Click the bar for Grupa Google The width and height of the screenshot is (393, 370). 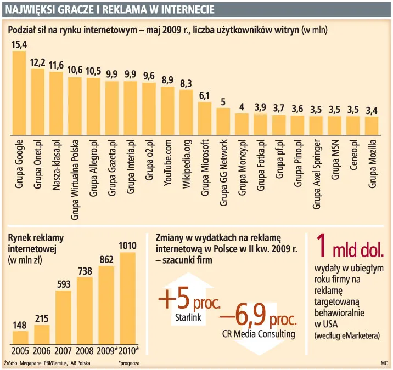coord(19,93)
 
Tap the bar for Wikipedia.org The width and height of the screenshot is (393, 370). coord(186,112)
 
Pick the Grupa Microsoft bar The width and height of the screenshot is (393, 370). coord(205,118)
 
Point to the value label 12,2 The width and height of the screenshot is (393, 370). coord(37,62)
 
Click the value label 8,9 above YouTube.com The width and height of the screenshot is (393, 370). coord(167,80)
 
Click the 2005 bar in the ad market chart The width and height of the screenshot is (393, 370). coord(20,337)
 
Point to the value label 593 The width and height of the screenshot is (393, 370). coord(64,284)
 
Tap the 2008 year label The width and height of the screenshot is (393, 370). coord(85,351)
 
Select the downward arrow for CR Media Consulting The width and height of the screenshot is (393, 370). coord(259,329)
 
